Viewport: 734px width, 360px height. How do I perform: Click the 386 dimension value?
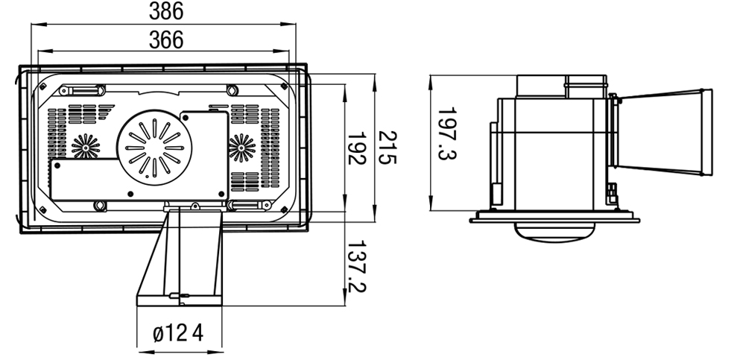[165, 11]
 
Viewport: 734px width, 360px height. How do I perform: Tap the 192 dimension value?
[357, 149]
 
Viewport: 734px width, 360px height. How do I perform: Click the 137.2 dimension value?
[357, 266]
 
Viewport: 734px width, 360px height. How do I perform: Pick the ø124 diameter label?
[178, 333]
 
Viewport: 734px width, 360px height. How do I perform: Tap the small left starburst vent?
[86, 146]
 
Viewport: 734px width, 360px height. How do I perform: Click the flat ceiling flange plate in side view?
[554, 219]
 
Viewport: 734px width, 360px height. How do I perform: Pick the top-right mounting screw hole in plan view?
[232, 90]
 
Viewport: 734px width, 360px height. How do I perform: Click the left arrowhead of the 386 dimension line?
[34, 25]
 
